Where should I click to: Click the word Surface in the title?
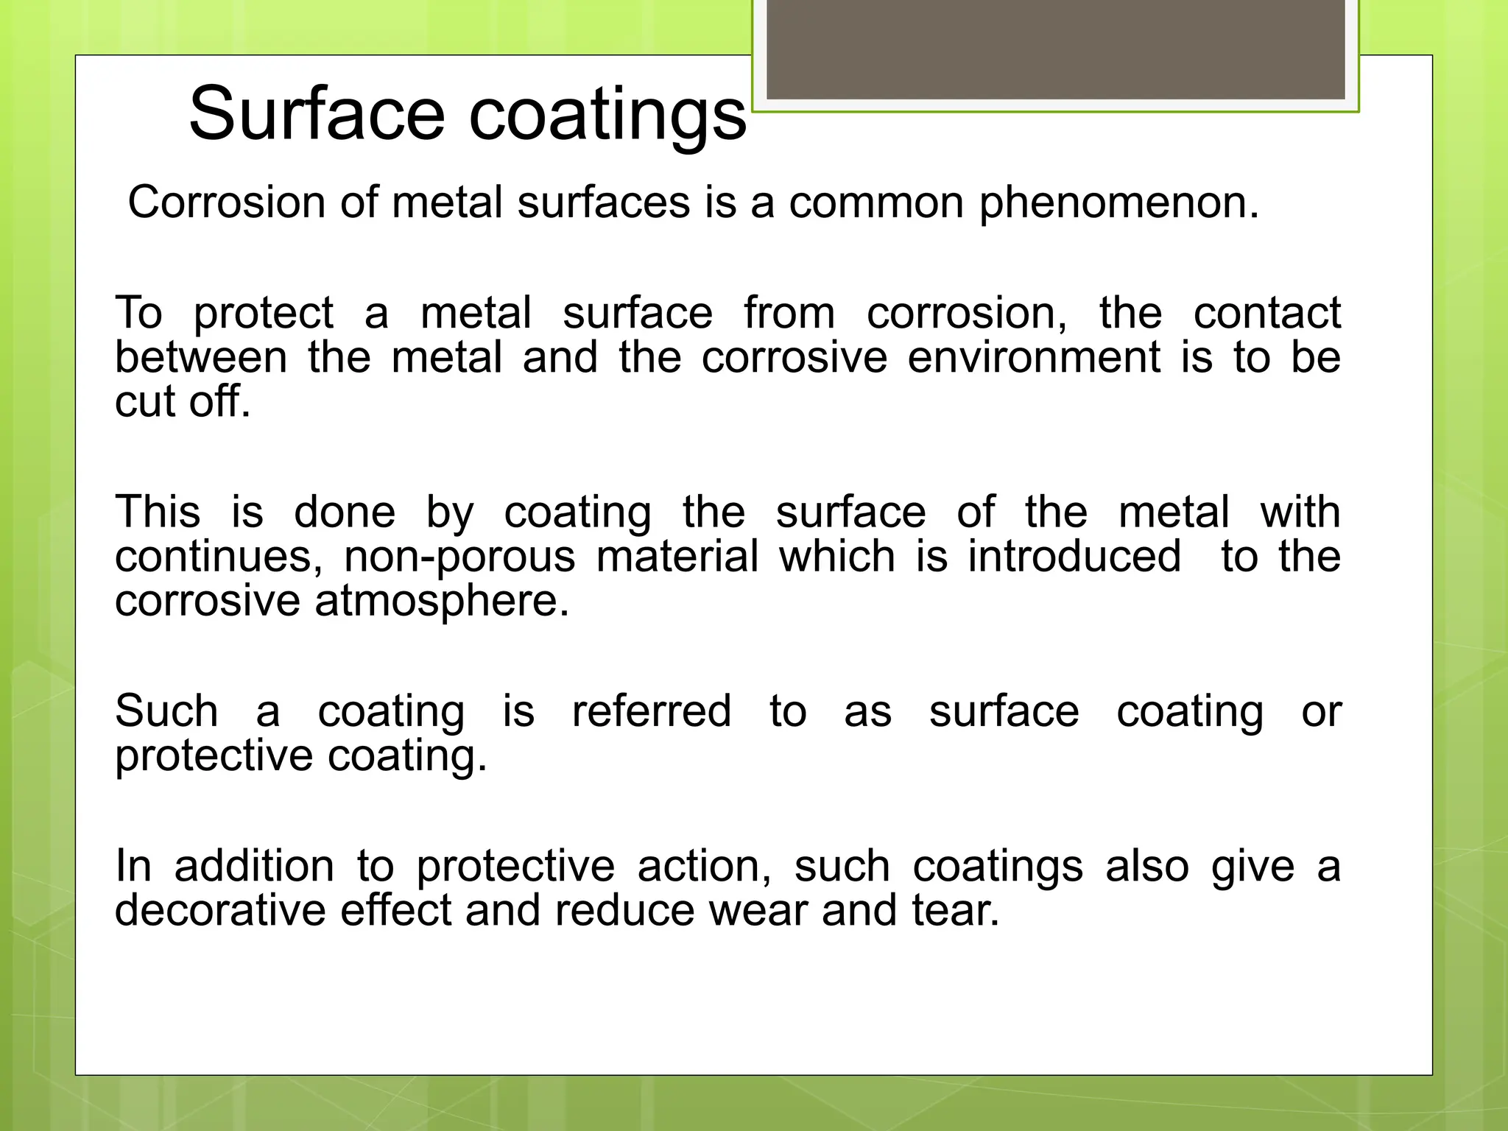pos(317,113)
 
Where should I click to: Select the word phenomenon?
pos(1118,203)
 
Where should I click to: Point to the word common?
pos(876,202)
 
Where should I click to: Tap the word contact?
pos(1266,313)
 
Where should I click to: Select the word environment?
pos(1034,358)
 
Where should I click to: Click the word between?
pos(201,358)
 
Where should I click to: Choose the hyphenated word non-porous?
pos(459,557)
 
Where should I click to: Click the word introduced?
pos(1074,556)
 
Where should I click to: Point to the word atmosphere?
pos(442,602)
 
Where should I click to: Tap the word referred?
pos(651,711)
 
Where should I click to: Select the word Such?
pos(166,711)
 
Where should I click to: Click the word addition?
pos(254,866)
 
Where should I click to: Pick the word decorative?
pos(220,911)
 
